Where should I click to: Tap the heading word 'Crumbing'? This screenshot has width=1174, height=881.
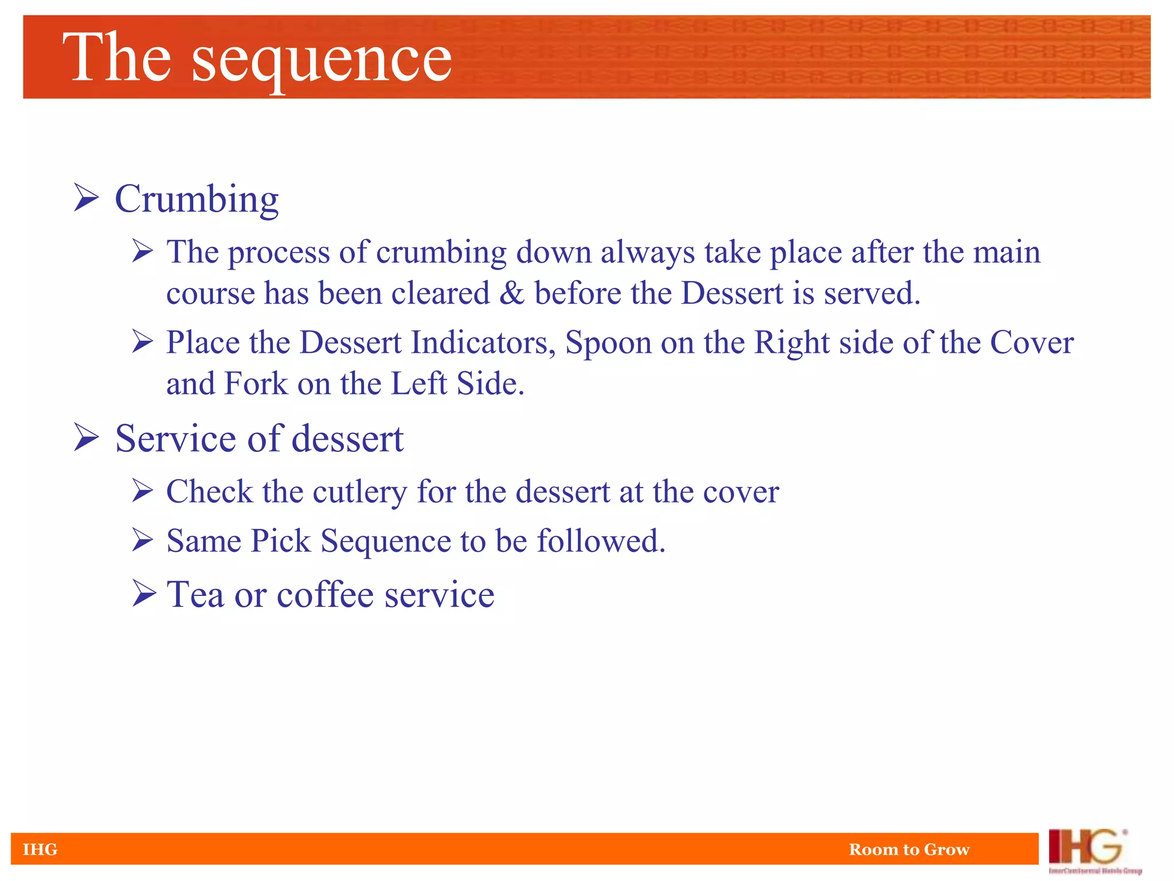[x=197, y=199]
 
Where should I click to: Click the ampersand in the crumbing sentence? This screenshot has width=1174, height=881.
[x=512, y=293]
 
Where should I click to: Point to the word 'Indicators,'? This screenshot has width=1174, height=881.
[x=483, y=342]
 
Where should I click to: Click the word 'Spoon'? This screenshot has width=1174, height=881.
[x=608, y=344]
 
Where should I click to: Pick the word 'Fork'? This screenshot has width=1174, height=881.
[x=256, y=383]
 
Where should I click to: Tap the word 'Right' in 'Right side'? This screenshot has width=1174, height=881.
[x=792, y=343]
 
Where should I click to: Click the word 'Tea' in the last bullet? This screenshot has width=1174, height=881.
[x=195, y=594]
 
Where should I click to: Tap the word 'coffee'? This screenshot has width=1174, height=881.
[x=326, y=594]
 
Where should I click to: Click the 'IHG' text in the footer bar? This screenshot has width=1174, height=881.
[x=40, y=849]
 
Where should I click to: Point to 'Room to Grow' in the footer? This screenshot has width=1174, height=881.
[x=909, y=849]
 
